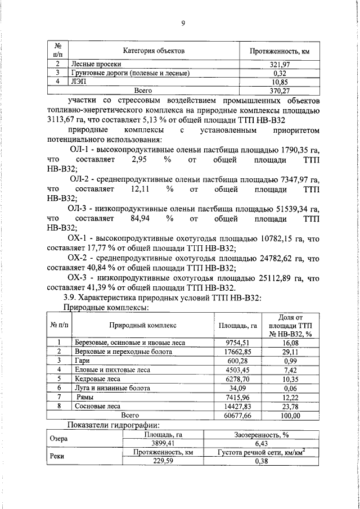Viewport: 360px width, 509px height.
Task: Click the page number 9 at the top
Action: tap(183, 23)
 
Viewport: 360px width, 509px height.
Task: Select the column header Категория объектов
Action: tap(154, 51)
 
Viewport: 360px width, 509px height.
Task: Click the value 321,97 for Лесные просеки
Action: tap(280, 65)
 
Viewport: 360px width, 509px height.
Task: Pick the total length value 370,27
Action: tap(280, 89)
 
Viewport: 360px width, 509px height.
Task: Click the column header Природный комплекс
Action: tap(143, 325)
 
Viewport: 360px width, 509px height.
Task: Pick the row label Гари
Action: tap(82, 360)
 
